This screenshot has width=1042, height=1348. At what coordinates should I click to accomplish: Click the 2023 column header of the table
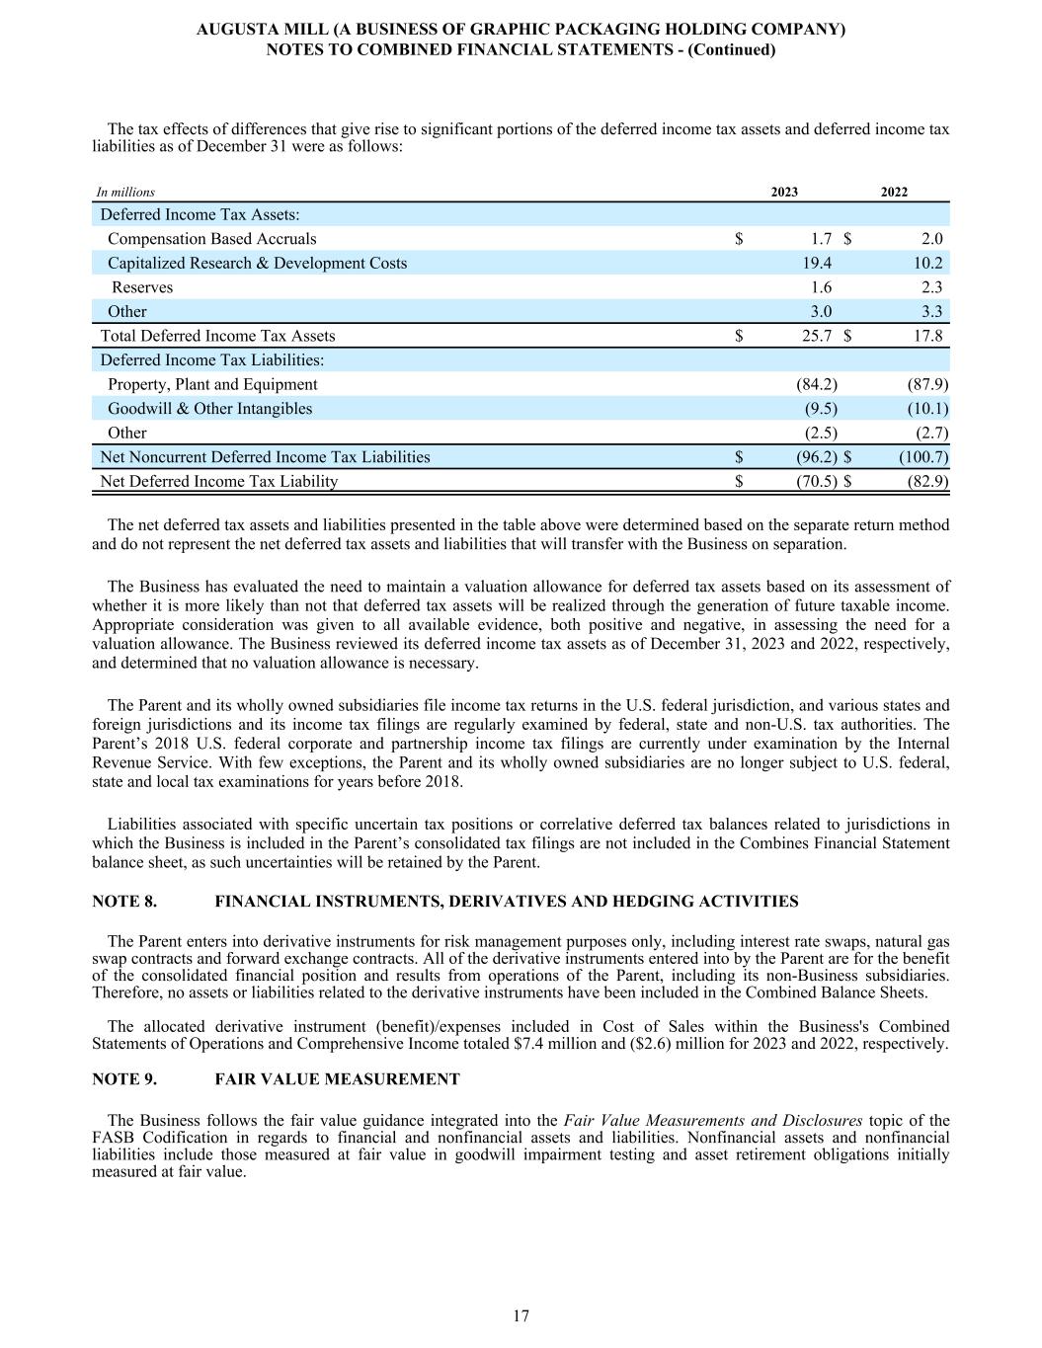(x=784, y=193)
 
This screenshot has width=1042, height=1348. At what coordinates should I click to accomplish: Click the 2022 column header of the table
(x=894, y=193)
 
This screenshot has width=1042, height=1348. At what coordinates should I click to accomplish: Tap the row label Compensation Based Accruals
(x=211, y=239)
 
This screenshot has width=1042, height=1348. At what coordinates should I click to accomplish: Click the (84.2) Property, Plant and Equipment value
(x=817, y=384)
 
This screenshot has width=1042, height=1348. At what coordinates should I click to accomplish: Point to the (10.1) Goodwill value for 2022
(x=927, y=409)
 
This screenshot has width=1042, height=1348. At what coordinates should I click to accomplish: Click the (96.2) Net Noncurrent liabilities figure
(x=817, y=457)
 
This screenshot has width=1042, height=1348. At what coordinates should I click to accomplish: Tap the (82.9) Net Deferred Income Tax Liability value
(x=927, y=482)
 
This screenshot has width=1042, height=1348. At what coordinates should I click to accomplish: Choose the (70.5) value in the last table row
(x=817, y=482)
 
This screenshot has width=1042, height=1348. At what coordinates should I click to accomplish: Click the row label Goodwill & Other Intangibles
(x=209, y=409)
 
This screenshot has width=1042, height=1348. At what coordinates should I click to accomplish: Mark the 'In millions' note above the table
(x=125, y=193)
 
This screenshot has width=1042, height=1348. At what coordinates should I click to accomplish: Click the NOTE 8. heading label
(x=124, y=902)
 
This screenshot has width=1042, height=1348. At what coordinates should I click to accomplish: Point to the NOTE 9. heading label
(x=124, y=1079)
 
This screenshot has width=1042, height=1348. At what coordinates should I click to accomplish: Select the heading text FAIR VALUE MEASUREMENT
(x=337, y=1079)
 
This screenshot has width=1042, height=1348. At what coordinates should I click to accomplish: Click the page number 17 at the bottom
(x=521, y=1315)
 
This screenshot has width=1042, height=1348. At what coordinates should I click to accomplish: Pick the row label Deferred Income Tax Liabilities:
(x=211, y=360)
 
